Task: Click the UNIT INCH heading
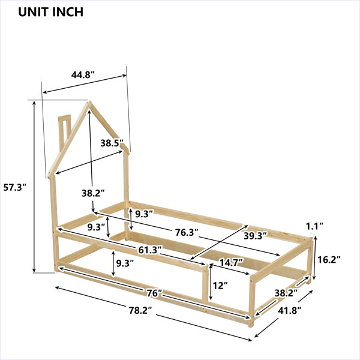50,12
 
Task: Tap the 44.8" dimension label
83,75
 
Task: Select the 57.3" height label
16,188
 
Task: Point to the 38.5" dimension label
112,143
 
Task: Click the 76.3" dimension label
187,233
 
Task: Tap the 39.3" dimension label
256,236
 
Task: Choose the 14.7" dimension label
232,262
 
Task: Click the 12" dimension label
220,286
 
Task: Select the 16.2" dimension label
329,260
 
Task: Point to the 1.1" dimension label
314,226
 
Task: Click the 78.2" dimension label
140,311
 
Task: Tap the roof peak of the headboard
89,101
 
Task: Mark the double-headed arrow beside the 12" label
211,282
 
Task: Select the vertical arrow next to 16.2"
315,258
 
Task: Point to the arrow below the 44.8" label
85,84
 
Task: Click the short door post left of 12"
205,285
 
